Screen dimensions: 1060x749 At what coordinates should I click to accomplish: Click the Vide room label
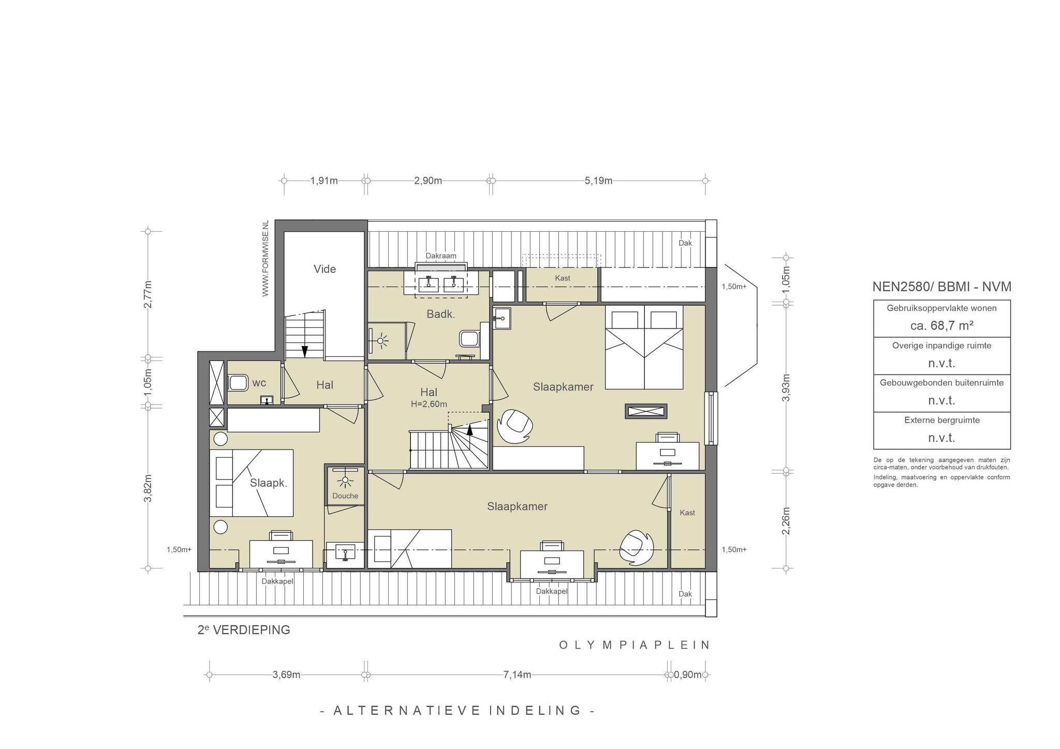click(325, 269)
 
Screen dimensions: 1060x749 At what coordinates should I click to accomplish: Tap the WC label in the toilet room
click(259, 383)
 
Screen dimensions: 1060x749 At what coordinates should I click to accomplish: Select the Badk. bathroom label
click(440, 314)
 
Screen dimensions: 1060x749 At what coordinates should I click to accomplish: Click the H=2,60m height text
click(429, 404)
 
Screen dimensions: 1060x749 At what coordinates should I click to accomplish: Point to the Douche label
click(345, 496)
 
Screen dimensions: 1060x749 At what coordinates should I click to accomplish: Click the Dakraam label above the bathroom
click(441, 256)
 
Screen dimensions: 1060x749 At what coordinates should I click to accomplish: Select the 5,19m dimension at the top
click(598, 181)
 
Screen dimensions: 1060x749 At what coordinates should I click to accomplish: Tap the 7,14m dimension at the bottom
click(517, 675)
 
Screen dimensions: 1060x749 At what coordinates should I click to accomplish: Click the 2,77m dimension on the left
click(148, 294)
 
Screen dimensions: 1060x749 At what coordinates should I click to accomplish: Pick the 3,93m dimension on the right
click(786, 387)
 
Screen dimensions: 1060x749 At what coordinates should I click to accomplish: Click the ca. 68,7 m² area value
click(942, 326)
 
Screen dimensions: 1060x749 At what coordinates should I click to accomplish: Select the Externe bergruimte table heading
click(942, 420)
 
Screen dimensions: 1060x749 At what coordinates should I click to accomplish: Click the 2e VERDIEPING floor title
click(244, 630)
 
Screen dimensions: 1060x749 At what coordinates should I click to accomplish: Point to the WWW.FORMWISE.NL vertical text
click(266, 259)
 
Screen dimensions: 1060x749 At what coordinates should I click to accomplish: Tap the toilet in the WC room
click(238, 383)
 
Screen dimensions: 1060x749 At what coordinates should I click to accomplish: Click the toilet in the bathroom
click(469, 339)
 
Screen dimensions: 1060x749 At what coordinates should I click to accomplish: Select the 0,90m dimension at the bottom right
click(688, 675)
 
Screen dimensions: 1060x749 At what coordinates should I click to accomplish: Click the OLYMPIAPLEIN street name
click(635, 645)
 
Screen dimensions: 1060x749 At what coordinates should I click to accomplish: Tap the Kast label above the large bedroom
click(563, 278)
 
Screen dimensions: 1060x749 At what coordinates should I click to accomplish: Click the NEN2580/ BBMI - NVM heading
click(942, 287)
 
